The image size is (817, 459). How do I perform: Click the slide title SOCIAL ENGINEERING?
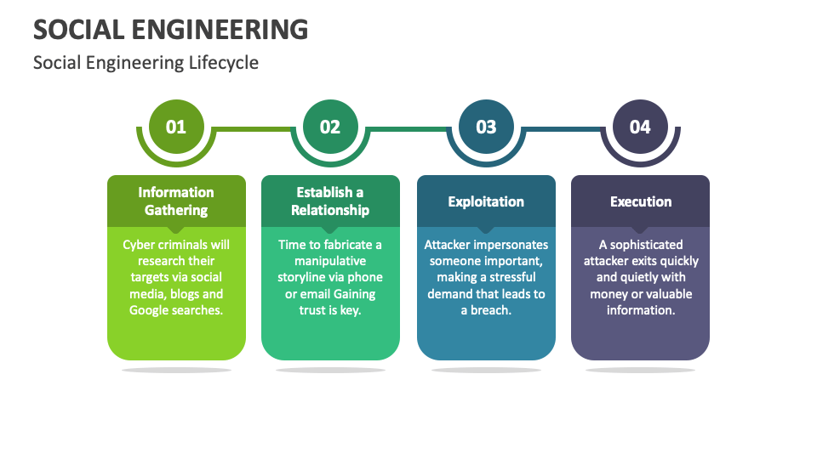click(x=170, y=29)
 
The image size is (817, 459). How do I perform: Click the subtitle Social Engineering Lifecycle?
click(x=146, y=63)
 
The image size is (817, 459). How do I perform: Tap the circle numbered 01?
click(x=176, y=127)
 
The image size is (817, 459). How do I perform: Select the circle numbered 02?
click(x=330, y=127)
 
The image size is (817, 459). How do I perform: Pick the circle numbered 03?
click(x=486, y=127)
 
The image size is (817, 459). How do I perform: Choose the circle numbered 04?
click(x=640, y=127)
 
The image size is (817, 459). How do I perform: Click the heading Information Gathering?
click(x=176, y=201)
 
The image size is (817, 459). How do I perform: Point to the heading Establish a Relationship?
click(x=330, y=201)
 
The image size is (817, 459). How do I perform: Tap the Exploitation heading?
click(x=486, y=201)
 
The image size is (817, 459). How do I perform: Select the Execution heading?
click(x=640, y=201)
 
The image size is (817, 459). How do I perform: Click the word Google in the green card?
click(x=149, y=310)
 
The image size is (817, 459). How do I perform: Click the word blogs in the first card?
click(x=186, y=294)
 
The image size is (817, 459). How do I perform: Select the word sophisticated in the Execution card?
click(x=646, y=245)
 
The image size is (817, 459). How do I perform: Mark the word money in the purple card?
click(x=610, y=294)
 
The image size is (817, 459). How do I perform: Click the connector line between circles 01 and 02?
click(x=253, y=129)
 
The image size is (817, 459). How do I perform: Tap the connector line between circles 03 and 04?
click(x=563, y=129)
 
